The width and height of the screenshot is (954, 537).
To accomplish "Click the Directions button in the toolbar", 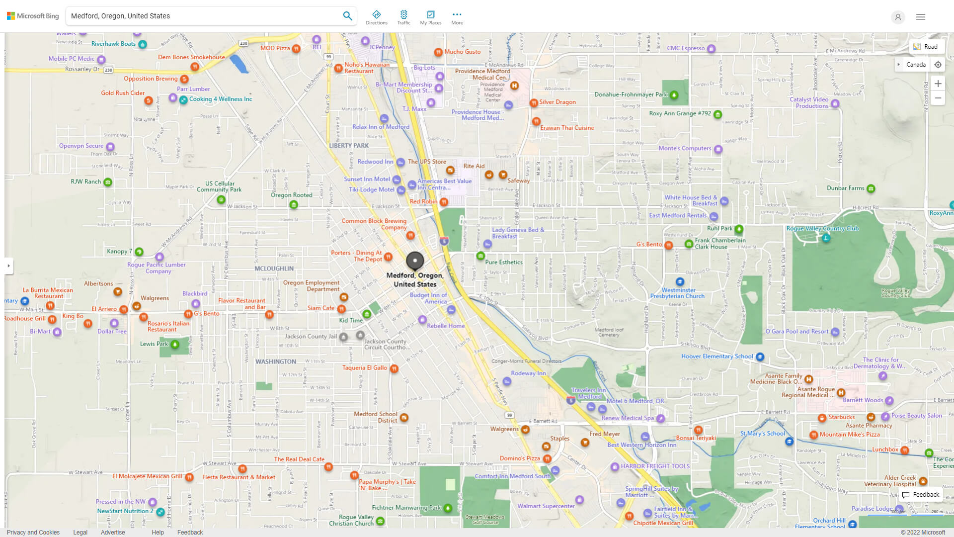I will tap(376, 17).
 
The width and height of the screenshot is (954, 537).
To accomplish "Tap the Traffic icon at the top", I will tap(403, 17).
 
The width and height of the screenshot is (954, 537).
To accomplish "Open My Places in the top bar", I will tap(430, 17).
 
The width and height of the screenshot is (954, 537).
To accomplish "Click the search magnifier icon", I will tap(347, 16).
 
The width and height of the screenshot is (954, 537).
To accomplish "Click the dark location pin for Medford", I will tap(415, 261).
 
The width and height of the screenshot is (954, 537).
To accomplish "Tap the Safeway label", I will tap(518, 181).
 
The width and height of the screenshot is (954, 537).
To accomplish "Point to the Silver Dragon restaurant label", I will tap(557, 102).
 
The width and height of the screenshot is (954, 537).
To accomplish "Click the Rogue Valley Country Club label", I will tap(822, 229).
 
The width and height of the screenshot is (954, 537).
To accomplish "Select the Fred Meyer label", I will tap(604, 434).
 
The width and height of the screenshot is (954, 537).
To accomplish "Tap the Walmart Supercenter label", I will tap(546, 506).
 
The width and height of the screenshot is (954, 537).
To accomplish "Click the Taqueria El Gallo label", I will tap(365, 368).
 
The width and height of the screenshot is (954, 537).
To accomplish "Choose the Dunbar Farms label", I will tap(845, 188).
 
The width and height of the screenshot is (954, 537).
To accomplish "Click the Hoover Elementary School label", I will tap(717, 357).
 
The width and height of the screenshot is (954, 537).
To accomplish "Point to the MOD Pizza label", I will tap(275, 48).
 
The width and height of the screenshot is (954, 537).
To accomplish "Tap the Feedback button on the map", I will tap(921, 495).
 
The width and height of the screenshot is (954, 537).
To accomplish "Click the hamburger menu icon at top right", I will tap(921, 17).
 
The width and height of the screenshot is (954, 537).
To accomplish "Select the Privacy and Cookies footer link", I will tap(33, 533).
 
